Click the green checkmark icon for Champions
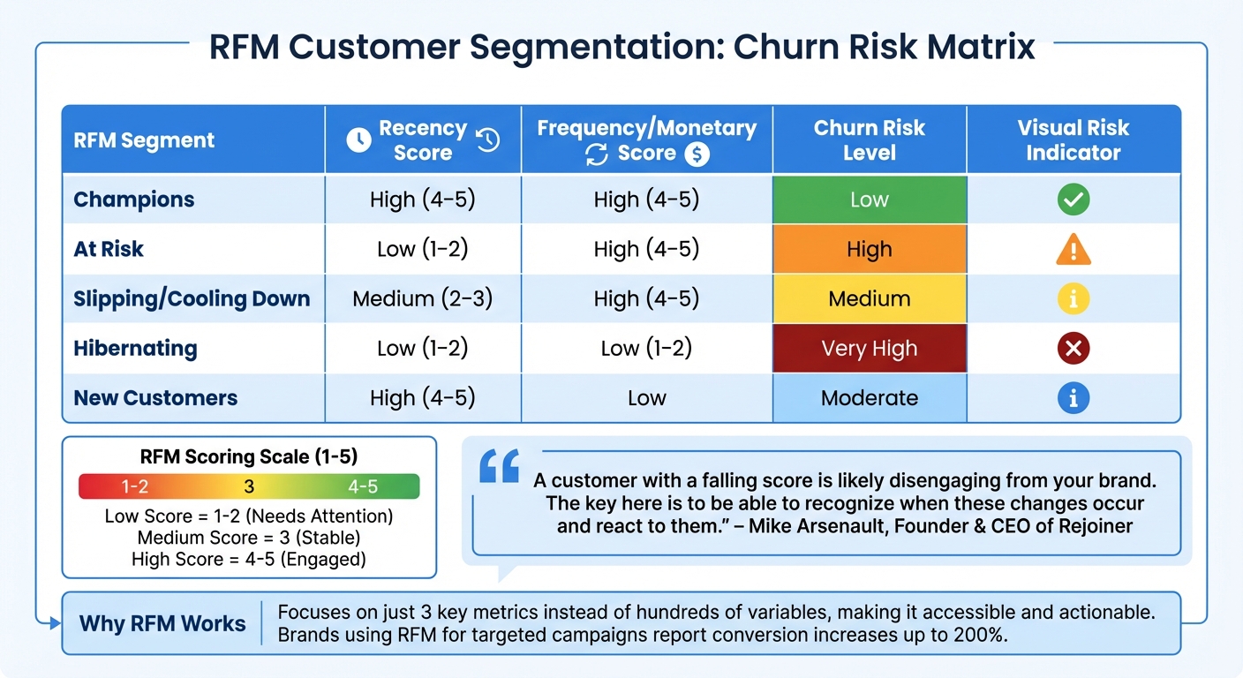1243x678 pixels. [1073, 200]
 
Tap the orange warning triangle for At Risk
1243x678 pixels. [1073, 251]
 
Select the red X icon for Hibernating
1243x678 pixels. [1073, 349]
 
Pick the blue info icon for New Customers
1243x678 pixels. [1073, 398]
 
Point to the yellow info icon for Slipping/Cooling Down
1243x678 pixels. [1073, 299]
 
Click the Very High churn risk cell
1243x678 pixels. [870, 349]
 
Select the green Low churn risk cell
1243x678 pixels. [870, 200]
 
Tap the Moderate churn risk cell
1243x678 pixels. [870, 398]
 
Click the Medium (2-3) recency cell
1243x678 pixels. [422, 299]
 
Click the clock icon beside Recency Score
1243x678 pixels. [358, 139]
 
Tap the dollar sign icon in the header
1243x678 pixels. [697, 154]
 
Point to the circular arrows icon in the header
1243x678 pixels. [597, 154]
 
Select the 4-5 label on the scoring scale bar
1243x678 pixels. [362, 486]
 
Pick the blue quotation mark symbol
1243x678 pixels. [499, 468]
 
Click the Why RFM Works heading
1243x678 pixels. [162, 623]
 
